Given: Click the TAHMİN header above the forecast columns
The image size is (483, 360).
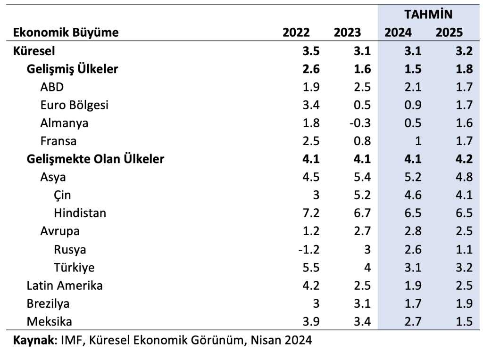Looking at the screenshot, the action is click(428, 15).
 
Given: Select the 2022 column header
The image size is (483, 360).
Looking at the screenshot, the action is click(296, 33).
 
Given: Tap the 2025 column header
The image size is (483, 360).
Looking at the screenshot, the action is click(449, 33).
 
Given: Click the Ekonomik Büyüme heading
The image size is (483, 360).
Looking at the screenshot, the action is click(66, 33).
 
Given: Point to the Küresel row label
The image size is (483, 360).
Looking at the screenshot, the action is click(34, 51).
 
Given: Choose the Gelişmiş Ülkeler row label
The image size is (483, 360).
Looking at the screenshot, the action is click(72, 69).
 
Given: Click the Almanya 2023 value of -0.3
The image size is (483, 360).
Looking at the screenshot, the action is click(360, 123).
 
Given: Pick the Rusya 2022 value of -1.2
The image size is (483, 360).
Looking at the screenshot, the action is click(309, 250).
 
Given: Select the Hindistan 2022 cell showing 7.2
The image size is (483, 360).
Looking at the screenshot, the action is click(311, 213).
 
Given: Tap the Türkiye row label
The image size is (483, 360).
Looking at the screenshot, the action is click(74, 267).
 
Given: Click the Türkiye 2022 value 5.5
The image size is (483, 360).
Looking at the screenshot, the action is click(311, 268).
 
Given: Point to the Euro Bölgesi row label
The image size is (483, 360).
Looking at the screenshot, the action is click(74, 105).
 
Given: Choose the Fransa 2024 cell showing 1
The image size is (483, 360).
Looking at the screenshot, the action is click(418, 141).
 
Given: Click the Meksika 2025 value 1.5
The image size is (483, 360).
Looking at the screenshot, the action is click(464, 322).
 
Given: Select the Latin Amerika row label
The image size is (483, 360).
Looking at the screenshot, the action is click(64, 286).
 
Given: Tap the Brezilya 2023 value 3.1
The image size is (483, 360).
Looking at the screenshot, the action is click(362, 304).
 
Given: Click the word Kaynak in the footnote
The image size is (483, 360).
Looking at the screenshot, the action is click(33, 340).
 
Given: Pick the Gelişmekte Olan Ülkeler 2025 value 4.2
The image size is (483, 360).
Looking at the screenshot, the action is click(464, 159).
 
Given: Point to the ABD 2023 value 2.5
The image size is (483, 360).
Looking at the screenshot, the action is click(362, 87).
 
